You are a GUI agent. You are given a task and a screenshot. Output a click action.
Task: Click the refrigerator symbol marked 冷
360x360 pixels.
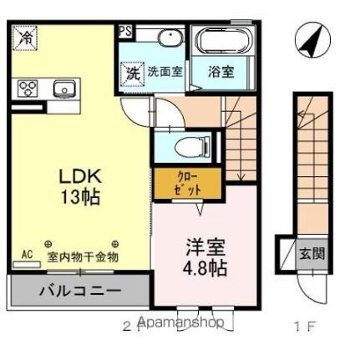tap(27, 38)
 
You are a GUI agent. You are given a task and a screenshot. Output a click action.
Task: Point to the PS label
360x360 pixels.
tap(124, 32)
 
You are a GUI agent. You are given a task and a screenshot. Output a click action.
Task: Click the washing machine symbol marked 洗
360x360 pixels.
tap(132, 72)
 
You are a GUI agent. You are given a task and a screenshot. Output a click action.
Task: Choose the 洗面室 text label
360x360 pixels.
tap(165, 72)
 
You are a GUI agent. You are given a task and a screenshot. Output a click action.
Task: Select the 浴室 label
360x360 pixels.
tap(221, 72)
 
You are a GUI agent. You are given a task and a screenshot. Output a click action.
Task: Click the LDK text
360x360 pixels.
tap(79, 176)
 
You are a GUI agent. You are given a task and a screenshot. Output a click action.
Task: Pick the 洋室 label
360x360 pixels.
tap(205, 248)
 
